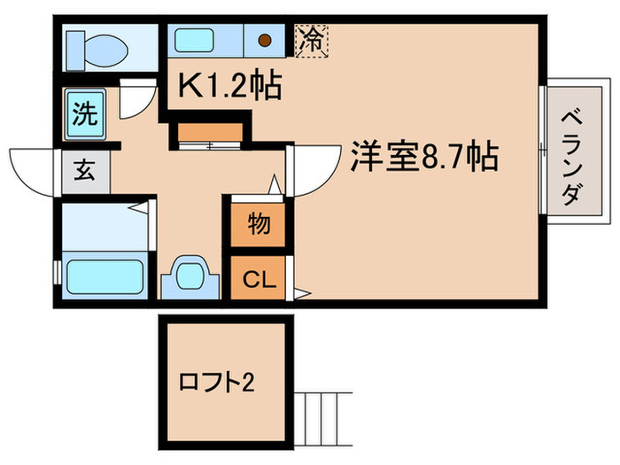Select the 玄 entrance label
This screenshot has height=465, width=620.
[84, 170]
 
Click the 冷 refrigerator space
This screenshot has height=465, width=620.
[313, 40]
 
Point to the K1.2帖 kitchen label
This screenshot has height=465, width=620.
[230, 87]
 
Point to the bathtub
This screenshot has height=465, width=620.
[103, 275]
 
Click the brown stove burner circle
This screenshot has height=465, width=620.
[264, 40]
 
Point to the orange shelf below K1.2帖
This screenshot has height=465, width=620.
[209, 134]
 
